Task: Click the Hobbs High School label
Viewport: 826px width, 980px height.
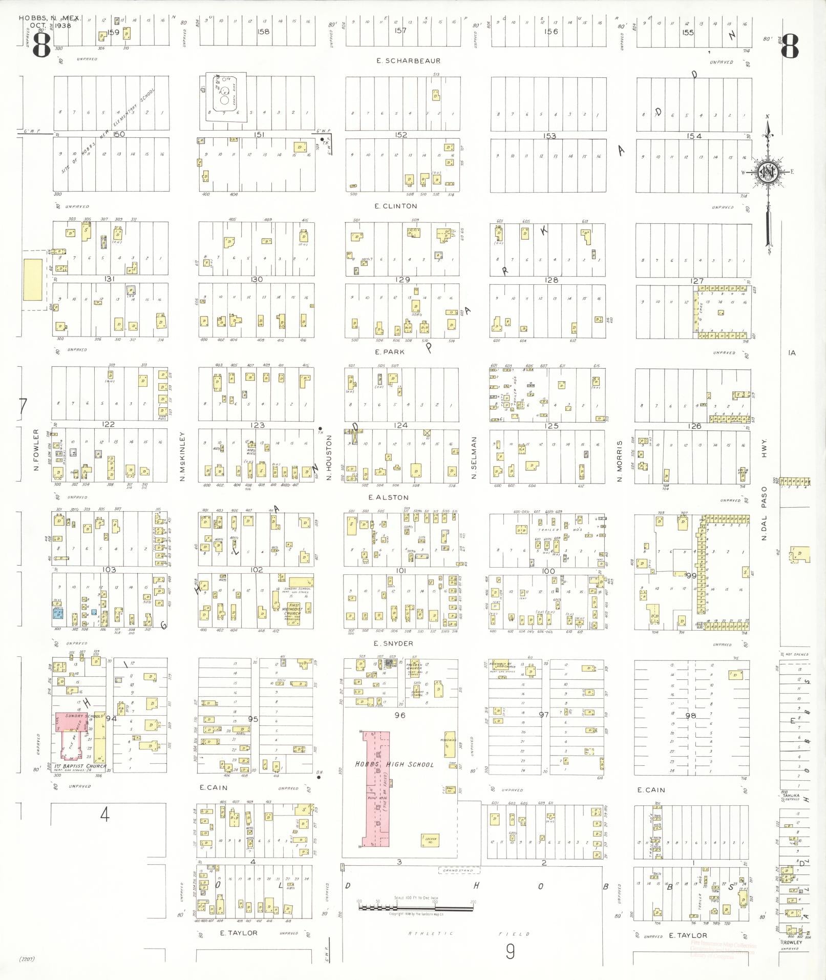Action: pos(394,764)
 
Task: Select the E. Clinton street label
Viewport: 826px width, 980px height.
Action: pos(396,206)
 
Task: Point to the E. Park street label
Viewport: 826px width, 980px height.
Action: pos(390,352)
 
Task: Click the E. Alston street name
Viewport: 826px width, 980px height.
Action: pos(388,497)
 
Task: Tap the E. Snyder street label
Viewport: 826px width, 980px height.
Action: pos(393,643)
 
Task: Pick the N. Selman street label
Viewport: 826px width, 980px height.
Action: pos(474,457)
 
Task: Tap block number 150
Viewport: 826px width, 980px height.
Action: pos(119,134)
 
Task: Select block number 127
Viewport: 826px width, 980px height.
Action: pos(697,281)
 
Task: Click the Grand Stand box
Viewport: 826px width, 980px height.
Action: pos(459,870)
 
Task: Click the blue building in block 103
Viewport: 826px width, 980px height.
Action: pos(57,613)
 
